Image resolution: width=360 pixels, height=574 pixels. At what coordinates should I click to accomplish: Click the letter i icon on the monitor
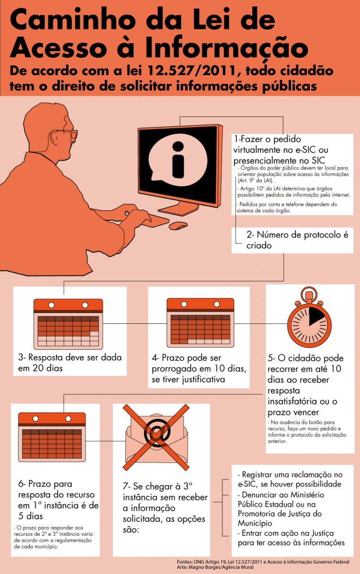[x=178, y=160]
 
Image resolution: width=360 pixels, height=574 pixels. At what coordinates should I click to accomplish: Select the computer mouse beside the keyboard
[x=178, y=226]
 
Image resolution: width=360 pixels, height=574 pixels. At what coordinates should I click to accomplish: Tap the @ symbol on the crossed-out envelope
[x=157, y=432]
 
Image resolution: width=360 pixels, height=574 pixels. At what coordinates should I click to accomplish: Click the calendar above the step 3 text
[x=68, y=324]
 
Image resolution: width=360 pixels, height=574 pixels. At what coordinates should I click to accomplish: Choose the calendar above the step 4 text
[x=200, y=322]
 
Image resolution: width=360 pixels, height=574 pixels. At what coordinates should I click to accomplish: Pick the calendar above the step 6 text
[x=52, y=437]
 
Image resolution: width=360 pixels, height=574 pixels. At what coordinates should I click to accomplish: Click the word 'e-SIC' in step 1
[x=303, y=150]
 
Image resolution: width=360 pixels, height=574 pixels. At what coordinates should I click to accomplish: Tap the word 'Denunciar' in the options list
[x=261, y=495]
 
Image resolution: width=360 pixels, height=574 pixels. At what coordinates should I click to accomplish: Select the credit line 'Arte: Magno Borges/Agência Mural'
[x=215, y=567]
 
